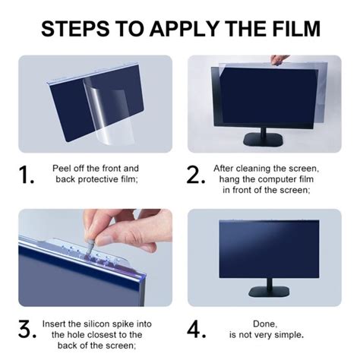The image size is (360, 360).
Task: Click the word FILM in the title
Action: click(x=296, y=28)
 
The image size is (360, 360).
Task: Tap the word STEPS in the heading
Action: click(x=75, y=28)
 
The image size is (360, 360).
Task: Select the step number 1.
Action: click(x=26, y=175)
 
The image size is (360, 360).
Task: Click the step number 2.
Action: click(x=196, y=175)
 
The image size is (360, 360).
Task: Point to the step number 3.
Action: click(x=27, y=330)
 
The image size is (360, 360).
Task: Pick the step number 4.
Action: click(x=196, y=330)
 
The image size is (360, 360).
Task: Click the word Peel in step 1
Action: click(x=60, y=169)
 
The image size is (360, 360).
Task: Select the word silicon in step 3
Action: click(x=97, y=324)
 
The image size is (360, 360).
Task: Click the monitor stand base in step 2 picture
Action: click(x=263, y=140)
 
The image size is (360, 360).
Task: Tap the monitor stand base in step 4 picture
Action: click(x=269, y=292)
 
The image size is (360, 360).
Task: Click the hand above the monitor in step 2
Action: click(x=279, y=60)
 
